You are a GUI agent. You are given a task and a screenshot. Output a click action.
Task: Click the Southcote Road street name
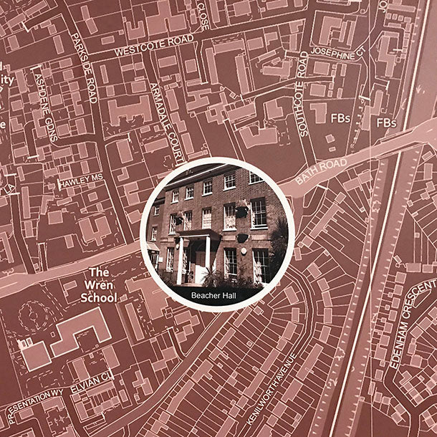click(302, 94)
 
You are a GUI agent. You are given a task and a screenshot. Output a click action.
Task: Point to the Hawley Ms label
click(81, 184)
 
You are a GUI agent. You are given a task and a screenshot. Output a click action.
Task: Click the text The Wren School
click(98, 284)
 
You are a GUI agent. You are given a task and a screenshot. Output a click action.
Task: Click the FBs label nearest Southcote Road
click(340, 117)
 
